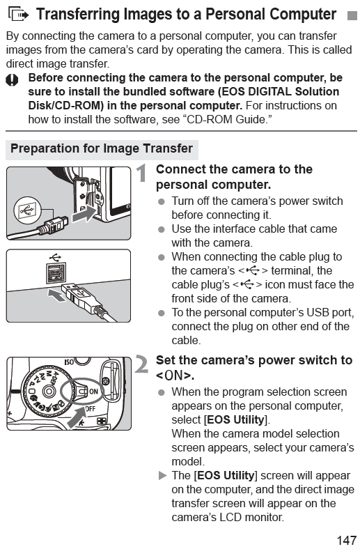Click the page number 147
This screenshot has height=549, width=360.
(346, 540)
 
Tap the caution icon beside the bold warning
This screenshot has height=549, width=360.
(12, 80)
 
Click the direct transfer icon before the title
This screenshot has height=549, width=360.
(19, 15)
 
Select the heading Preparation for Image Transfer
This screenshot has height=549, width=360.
(102, 148)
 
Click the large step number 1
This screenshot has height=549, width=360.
(141, 173)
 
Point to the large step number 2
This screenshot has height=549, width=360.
(141, 364)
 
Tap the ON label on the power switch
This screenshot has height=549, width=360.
(93, 392)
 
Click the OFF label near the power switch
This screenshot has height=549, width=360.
(91, 408)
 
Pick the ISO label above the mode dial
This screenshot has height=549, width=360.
(69, 362)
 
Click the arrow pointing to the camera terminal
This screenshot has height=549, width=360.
(84, 214)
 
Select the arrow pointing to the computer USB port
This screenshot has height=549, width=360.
(56, 295)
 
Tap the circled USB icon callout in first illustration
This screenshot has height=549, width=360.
(27, 210)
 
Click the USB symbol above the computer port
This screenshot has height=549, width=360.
(55, 258)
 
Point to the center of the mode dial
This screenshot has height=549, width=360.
(48, 391)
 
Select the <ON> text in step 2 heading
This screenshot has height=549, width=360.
(173, 376)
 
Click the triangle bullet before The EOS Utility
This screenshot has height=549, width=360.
(162, 475)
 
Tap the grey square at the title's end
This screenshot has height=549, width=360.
(352, 16)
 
